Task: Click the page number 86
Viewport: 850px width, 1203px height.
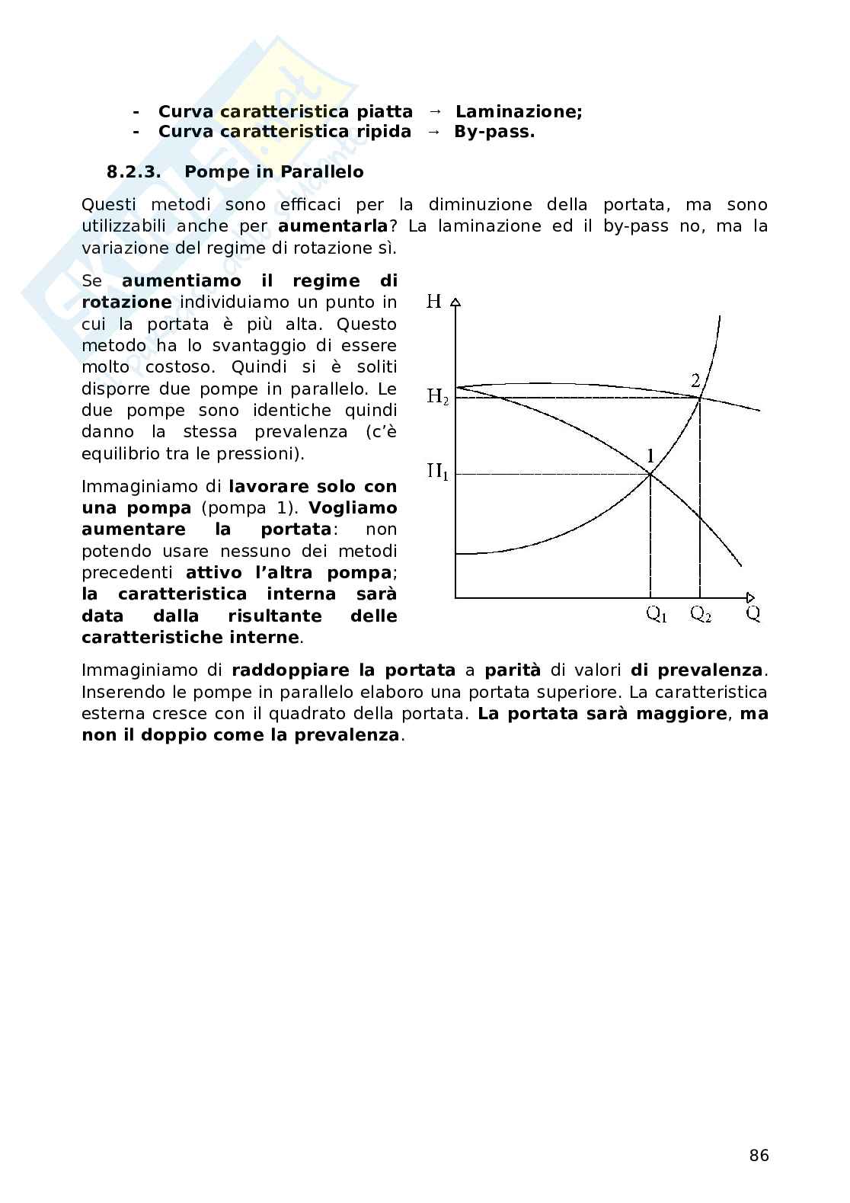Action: point(759,1156)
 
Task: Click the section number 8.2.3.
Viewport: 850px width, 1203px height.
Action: point(134,172)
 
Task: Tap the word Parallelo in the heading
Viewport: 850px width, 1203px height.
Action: point(321,172)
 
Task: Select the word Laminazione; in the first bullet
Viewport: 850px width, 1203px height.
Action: point(519,112)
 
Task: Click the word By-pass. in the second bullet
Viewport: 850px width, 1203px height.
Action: point(494,132)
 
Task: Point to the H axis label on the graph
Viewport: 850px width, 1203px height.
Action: point(434,302)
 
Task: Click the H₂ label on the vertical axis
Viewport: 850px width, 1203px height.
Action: point(437,397)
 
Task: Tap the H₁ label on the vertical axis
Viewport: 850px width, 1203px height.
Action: point(437,472)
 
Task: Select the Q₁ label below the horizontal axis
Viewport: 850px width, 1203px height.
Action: point(656,615)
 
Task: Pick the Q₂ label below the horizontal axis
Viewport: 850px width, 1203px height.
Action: point(701,615)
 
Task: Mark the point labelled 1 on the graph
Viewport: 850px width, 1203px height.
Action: point(650,474)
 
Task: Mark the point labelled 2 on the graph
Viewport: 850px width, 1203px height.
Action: point(700,398)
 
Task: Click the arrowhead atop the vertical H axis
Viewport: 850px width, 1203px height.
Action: point(455,302)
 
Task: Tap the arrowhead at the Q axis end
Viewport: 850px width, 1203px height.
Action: point(750,597)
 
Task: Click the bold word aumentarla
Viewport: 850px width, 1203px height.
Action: point(333,226)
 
